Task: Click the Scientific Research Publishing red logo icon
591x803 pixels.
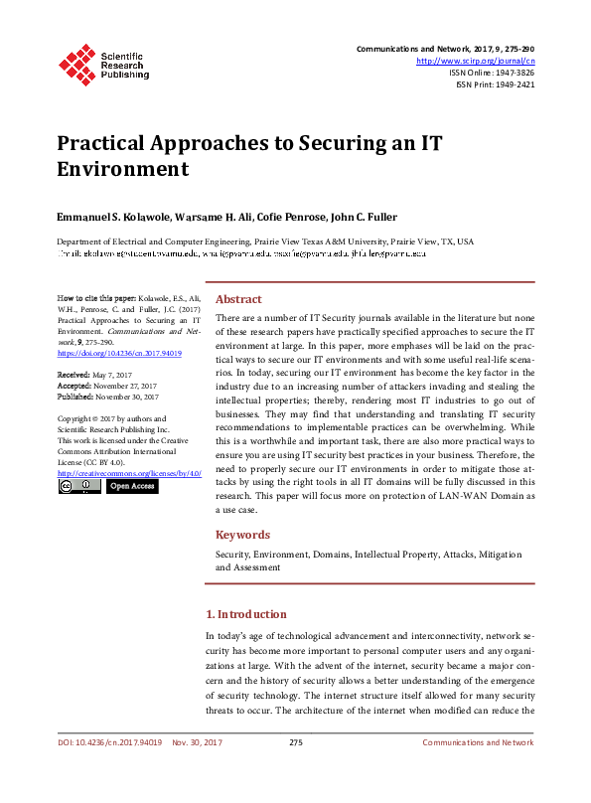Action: point(76,63)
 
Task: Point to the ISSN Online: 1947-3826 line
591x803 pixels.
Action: point(492,73)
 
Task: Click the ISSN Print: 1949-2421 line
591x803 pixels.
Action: point(495,84)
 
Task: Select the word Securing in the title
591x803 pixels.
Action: point(337,141)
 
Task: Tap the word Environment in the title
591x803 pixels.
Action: point(122,168)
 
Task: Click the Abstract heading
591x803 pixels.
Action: point(239,298)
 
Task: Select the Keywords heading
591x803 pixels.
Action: point(243,534)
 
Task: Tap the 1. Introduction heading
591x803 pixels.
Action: point(245,614)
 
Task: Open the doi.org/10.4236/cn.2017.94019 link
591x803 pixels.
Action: point(119,352)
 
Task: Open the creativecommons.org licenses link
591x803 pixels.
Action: point(129,473)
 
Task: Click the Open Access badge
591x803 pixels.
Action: point(131,486)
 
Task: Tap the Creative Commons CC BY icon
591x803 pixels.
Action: point(77,486)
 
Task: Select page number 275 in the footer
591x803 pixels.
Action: point(295,742)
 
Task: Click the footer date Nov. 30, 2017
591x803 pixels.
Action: point(197,742)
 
